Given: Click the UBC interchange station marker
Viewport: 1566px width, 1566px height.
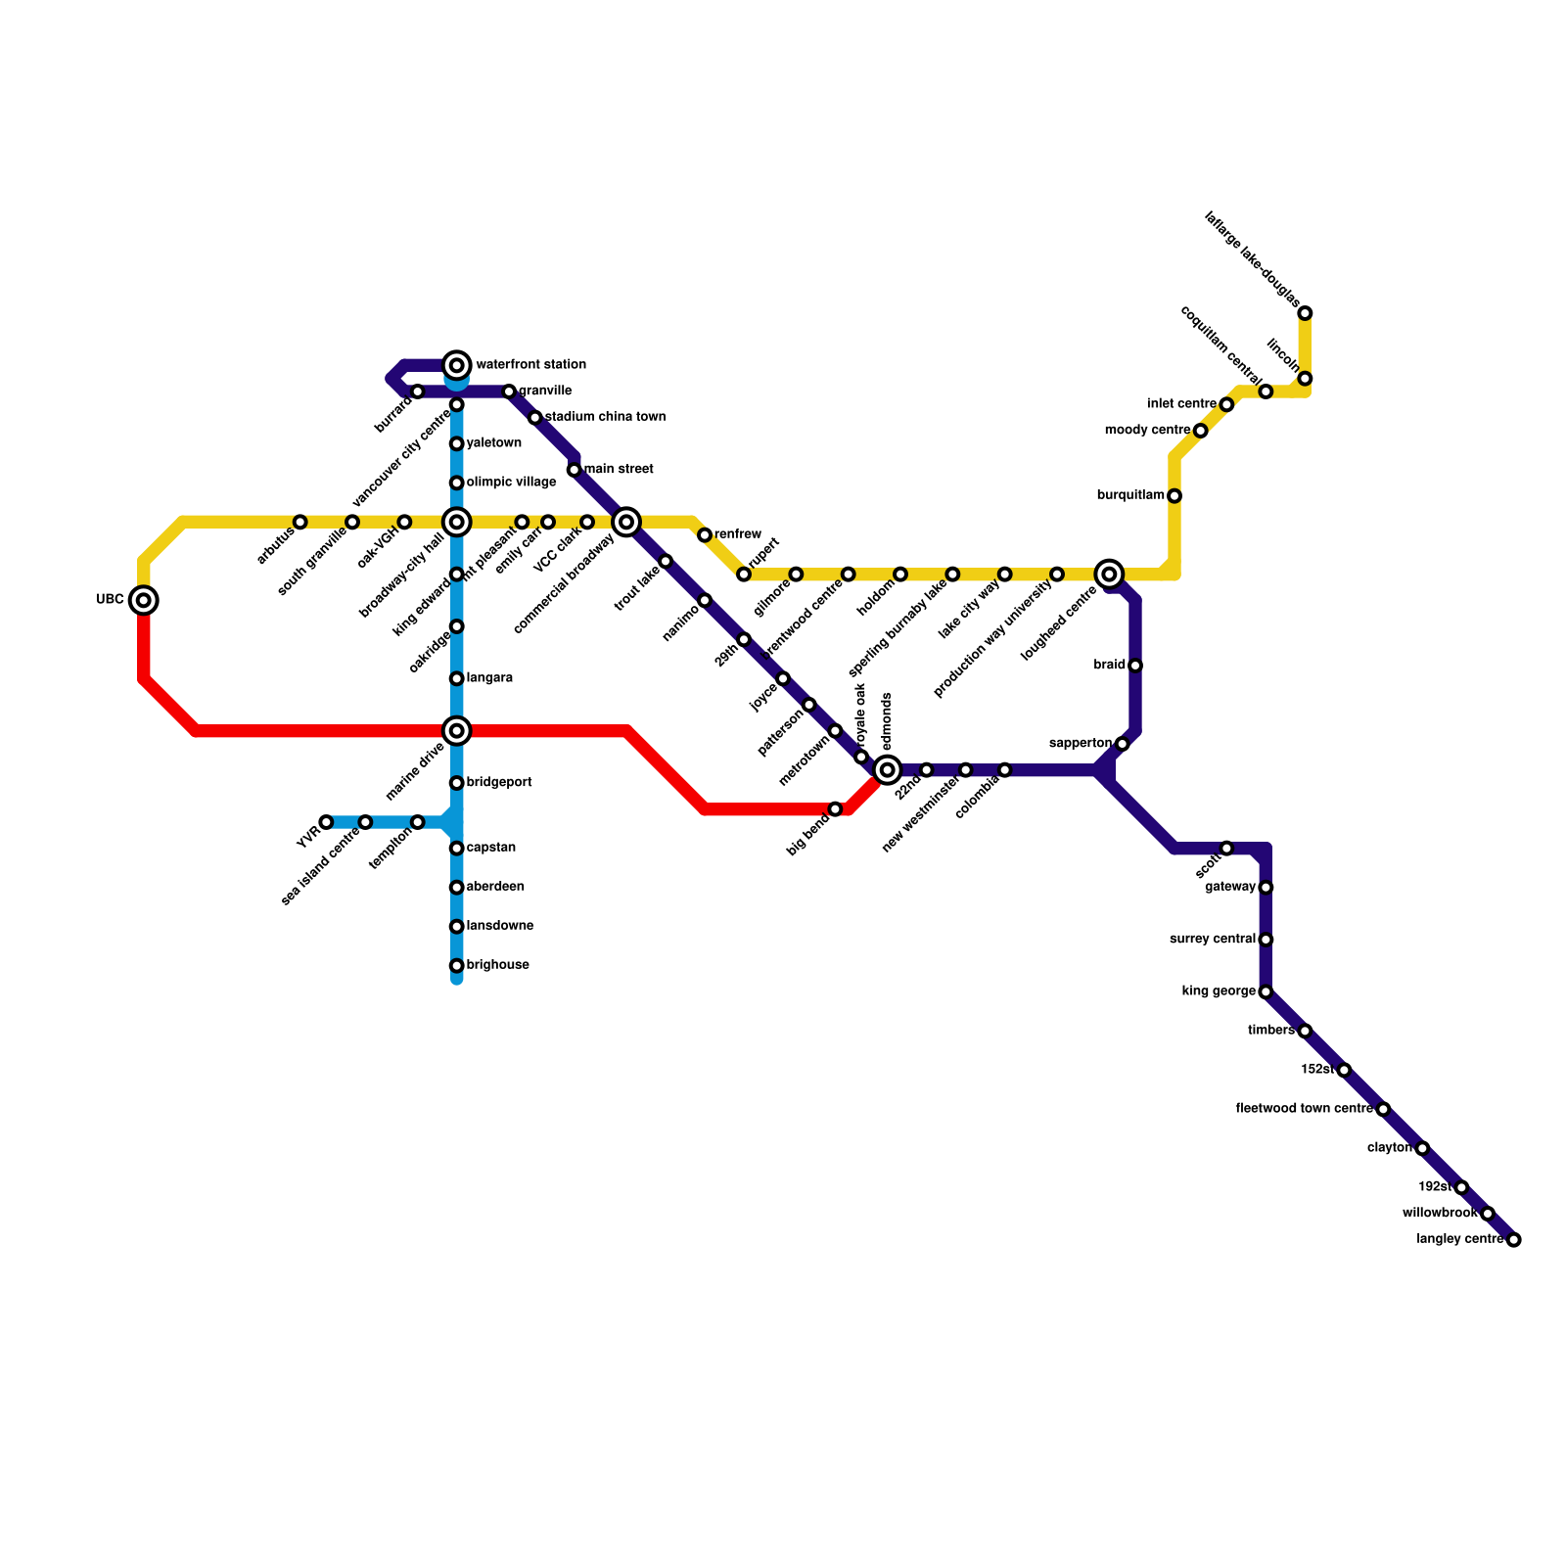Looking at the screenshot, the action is (x=144, y=600).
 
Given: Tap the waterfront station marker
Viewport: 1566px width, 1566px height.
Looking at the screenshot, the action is (x=457, y=365).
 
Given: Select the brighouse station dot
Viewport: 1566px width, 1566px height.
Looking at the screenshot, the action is (x=457, y=966).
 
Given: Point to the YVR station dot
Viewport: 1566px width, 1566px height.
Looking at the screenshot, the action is (x=326, y=822).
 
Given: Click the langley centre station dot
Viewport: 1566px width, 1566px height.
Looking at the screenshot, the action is (x=1514, y=1240).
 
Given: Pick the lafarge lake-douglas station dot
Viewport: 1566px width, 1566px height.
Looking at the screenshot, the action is (x=1305, y=313).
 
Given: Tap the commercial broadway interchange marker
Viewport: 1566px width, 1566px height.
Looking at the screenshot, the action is (x=626, y=522).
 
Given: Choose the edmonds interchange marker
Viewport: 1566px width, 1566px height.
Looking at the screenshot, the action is (x=888, y=770).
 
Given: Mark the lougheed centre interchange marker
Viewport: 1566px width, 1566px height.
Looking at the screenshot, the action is (x=1109, y=574).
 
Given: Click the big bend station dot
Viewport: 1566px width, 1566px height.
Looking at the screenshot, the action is (x=835, y=809).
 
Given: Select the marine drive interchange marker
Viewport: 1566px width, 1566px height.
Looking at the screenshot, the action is (x=457, y=730).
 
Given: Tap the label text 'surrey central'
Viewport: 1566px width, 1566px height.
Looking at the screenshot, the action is (x=1213, y=940).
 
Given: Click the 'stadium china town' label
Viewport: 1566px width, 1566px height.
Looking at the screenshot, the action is (x=605, y=418).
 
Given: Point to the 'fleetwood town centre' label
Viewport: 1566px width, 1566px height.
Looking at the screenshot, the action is (x=1304, y=1109).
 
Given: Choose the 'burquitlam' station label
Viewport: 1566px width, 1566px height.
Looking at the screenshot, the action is (x=1130, y=496).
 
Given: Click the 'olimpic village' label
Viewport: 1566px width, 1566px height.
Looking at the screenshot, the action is (x=511, y=483).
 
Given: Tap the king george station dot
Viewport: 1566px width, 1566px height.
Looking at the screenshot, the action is (x=1266, y=991).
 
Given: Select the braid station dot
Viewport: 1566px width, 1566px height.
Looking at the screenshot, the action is (x=1135, y=666).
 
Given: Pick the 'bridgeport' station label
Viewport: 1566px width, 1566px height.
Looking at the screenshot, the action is (x=499, y=783).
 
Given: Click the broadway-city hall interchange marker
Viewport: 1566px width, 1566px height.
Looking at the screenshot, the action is (x=457, y=522).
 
